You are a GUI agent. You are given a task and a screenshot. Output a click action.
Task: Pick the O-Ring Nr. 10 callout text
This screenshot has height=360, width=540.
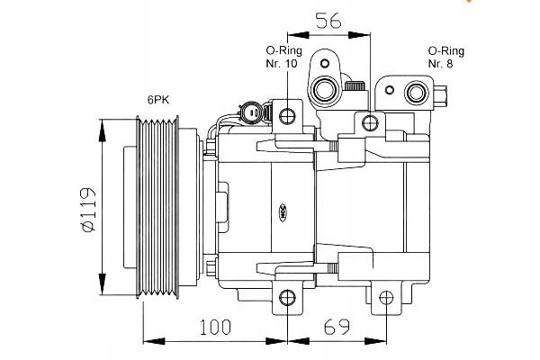click(x=283, y=58)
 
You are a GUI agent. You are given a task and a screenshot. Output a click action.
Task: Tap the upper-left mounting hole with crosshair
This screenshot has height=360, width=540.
click(x=287, y=115)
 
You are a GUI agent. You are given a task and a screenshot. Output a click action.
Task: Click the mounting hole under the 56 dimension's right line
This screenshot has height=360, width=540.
click(x=369, y=122)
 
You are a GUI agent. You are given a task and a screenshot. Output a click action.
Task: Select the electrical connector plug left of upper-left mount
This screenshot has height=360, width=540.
click(x=247, y=113)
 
